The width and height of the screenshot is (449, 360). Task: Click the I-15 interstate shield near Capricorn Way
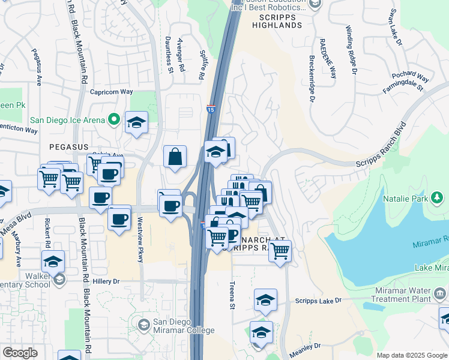210,109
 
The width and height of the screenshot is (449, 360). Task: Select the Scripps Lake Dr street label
318,300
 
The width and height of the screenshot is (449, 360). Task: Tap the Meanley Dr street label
306,346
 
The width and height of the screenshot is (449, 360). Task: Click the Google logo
20,353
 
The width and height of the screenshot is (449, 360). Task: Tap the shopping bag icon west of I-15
175,157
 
